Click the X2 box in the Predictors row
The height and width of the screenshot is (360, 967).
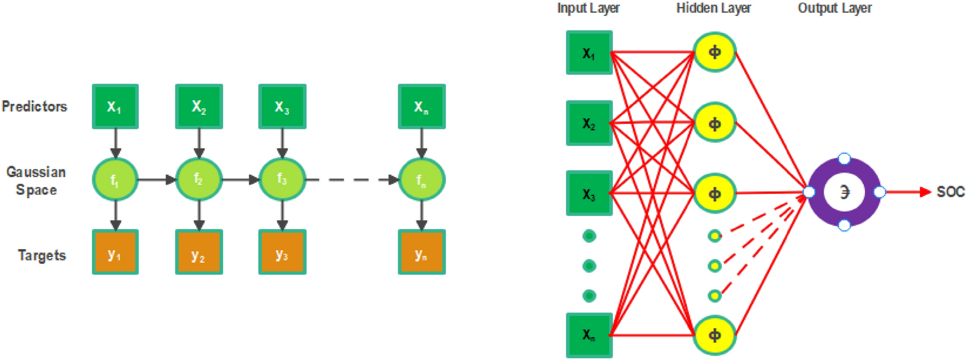[199, 107]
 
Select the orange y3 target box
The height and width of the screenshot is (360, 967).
[282, 252]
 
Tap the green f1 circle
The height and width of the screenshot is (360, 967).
[115, 180]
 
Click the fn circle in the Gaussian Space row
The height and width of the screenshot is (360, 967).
[422, 180]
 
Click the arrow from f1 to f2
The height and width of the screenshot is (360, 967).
[156, 180]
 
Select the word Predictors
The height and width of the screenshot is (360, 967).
[34, 107]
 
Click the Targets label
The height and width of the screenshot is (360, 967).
[41, 255]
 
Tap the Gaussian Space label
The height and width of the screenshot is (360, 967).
[36, 181]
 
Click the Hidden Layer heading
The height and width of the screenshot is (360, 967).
[713, 8]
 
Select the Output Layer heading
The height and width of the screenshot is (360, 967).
[834, 8]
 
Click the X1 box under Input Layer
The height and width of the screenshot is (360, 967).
[589, 53]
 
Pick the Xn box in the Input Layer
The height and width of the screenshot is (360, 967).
[589, 335]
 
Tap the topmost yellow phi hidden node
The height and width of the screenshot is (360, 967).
[714, 52]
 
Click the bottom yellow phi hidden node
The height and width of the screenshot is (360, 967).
[714, 335]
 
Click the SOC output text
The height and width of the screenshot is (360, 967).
[950, 192]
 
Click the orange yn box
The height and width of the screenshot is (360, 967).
[422, 252]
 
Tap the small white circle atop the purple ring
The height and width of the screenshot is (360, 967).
[844, 159]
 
